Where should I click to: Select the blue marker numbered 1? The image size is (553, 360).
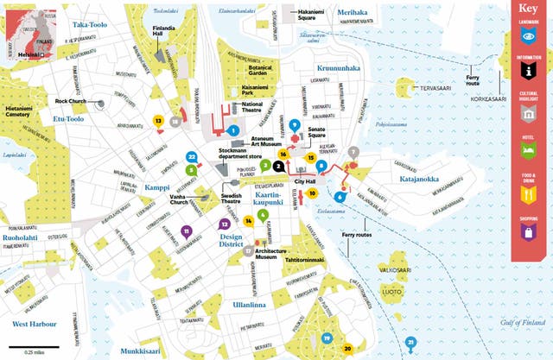coord(233,130)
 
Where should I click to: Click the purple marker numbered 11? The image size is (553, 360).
coord(187,231)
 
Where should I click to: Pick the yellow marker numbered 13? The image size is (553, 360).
coord(158,122)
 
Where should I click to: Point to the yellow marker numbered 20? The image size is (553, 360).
coord(347,349)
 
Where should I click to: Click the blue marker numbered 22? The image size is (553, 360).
coord(191,157)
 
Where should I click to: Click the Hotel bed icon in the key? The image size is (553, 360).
coord(529,153)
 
